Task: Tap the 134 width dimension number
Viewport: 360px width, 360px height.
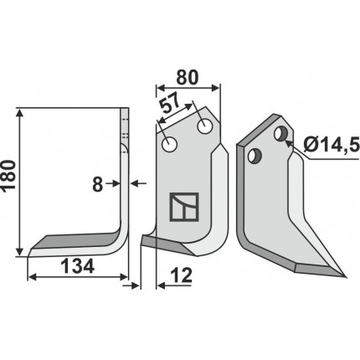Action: click(x=78, y=266)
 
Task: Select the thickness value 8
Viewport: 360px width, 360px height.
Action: click(x=97, y=185)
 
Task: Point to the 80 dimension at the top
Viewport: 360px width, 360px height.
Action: click(x=188, y=78)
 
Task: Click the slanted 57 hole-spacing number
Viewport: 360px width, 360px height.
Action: click(x=170, y=103)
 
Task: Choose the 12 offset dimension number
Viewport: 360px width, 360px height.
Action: click(x=182, y=275)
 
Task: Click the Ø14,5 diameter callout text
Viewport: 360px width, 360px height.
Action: click(x=332, y=145)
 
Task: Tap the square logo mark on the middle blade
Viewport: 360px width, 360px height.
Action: click(x=184, y=207)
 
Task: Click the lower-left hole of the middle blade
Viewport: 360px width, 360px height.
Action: click(x=170, y=144)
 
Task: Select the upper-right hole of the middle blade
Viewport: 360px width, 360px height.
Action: click(x=205, y=126)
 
